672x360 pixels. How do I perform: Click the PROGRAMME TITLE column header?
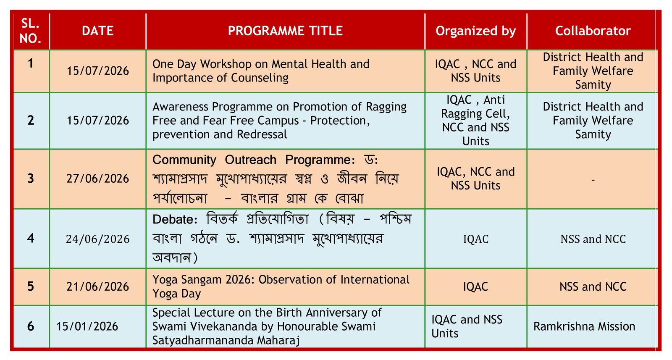(x=285, y=31)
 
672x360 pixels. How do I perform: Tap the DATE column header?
(x=97, y=31)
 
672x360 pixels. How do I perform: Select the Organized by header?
(x=475, y=31)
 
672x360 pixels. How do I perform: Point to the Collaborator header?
(x=593, y=31)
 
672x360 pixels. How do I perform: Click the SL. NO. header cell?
(x=30, y=31)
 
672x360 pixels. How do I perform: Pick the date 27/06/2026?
(x=97, y=179)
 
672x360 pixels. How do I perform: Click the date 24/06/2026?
(x=97, y=239)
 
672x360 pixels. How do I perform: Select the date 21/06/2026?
(x=97, y=286)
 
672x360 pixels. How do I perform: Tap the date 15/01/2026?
(x=87, y=326)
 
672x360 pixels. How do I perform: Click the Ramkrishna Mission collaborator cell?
(x=584, y=326)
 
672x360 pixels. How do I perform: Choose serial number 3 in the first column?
(x=31, y=179)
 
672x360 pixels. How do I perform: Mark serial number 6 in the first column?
(x=31, y=326)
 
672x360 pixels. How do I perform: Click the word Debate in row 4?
(x=175, y=220)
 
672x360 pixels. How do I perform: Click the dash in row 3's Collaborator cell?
(x=593, y=180)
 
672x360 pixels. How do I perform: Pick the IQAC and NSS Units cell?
(x=467, y=326)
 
